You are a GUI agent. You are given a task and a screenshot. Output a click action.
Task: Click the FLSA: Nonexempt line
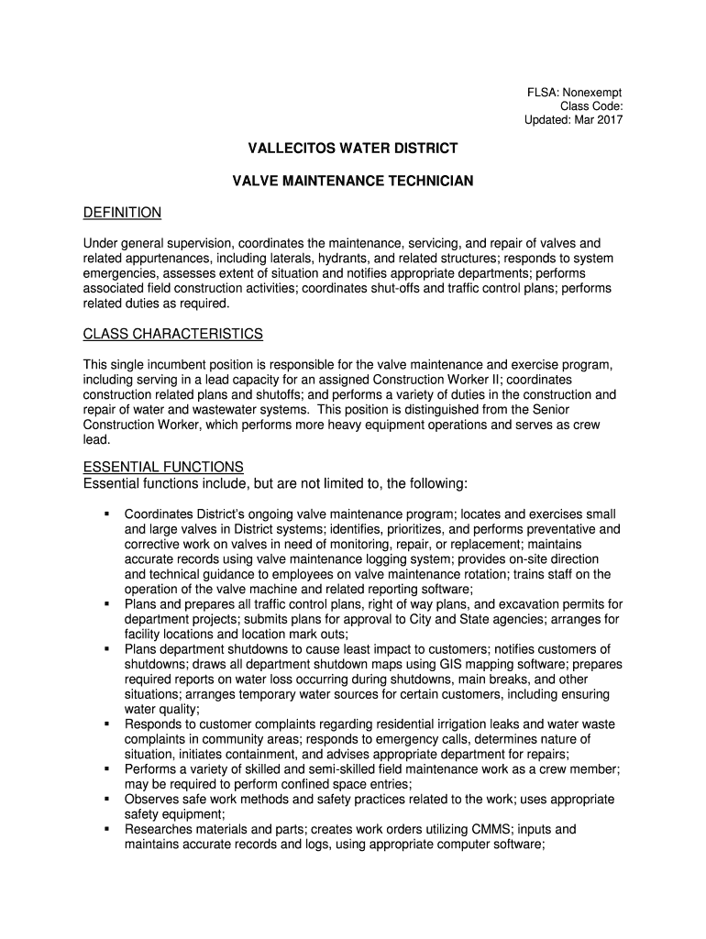(x=573, y=93)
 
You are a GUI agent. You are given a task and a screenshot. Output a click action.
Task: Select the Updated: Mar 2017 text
(x=573, y=120)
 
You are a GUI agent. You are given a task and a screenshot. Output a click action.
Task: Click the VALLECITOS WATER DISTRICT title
(x=353, y=148)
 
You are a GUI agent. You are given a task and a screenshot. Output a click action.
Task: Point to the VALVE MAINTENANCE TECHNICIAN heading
(x=353, y=182)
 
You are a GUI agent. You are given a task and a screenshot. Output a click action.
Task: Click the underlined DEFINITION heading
(x=122, y=213)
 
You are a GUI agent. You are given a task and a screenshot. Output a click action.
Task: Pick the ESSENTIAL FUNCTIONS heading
(x=163, y=467)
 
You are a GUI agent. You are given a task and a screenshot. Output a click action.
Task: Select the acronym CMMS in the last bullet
(x=468, y=829)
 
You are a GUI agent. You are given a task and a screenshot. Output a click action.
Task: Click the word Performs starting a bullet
(x=152, y=769)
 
